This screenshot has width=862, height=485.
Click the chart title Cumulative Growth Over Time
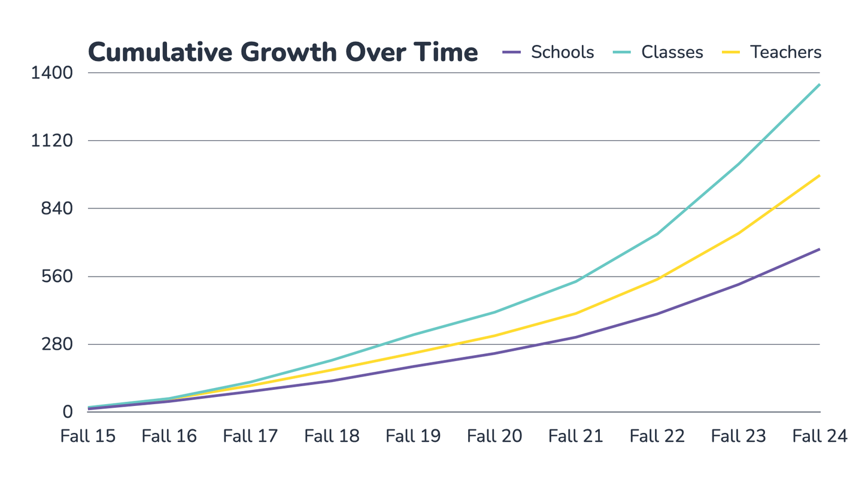click(x=283, y=53)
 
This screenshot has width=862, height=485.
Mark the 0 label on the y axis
click(x=66, y=412)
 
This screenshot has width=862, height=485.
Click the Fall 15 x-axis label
click(x=88, y=435)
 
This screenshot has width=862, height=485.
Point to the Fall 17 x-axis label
click(x=250, y=435)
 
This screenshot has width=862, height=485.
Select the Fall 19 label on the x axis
click(x=413, y=435)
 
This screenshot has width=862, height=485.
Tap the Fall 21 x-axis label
click(x=576, y=435)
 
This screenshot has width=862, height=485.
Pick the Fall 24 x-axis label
click(x=819, y=435)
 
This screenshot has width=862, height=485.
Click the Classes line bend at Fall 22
click(x=657, y=234)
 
